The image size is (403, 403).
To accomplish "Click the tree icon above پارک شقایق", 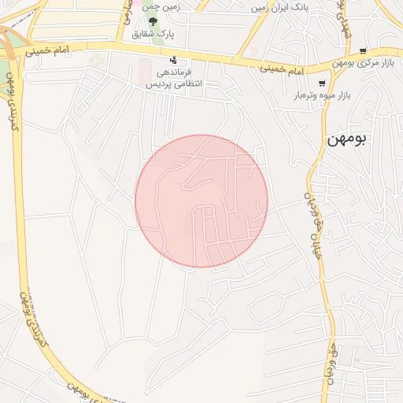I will (x=153, y=20).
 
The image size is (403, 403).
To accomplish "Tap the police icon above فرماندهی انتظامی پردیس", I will (x=173, y=60).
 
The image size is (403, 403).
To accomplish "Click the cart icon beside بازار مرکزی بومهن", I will (x=362, y=50).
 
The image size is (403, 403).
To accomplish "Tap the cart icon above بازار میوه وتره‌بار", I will (x=321, y=83).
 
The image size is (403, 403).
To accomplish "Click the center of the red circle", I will (x=201, y=201).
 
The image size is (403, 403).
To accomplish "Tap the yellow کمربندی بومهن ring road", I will (x=39, y=331).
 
